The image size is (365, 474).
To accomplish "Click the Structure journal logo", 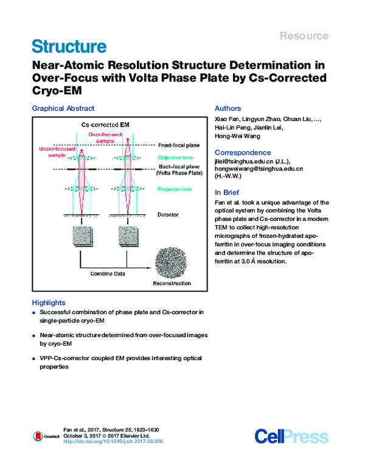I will click(69, 47).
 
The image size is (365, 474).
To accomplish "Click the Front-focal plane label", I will click(179, 145).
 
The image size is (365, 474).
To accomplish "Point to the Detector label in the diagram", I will click(169, 215).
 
